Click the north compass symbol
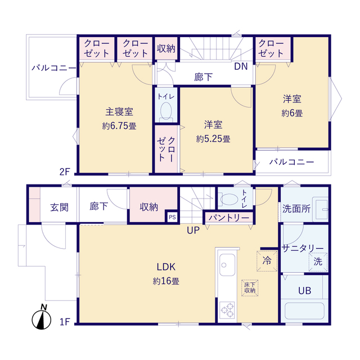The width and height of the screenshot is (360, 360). (x=41, y=318)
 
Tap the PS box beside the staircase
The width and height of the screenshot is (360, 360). (x=172, y=217)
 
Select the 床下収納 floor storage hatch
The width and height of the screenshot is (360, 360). (x=250, y=287)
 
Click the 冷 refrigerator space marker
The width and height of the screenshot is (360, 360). (x=267, y=261)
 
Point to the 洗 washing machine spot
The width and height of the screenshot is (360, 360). (x=318, y=262)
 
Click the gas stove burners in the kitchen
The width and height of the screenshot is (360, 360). (x=227, y=310)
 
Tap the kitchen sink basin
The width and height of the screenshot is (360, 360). (x=227, y=265)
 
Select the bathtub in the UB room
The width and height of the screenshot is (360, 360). (x=304, y=311)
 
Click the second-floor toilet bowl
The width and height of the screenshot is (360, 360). (x=166, y=111)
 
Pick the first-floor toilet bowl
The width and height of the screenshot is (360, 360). (x=229, y=199)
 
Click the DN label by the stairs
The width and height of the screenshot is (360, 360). (x=241, y=66)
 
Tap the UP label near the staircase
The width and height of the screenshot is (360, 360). (x=193, y=230)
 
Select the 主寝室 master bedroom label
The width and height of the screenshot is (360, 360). (x=119, y=112)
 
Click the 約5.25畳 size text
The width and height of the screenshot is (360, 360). (x=213, y=139)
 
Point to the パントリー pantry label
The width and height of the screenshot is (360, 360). (x=229, y=218)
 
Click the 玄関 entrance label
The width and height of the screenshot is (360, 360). (x=60, y=208)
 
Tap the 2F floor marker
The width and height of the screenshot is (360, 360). (x=65, y=172)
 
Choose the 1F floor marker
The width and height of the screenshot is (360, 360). (x=65, y=322)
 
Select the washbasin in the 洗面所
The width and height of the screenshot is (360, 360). (x=321, y=209)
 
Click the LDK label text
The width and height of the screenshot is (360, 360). (x=166, y=267)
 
